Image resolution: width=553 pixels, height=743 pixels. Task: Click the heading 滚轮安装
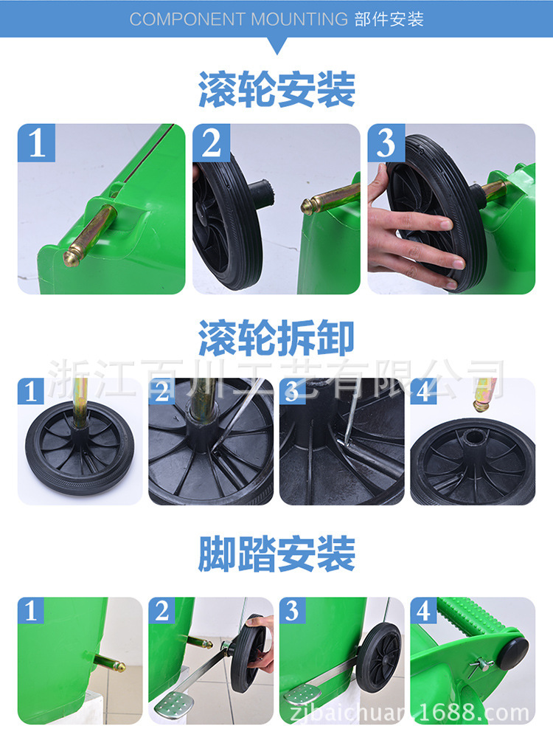(x=277, y=89)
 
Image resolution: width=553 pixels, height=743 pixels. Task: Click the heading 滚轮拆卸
(x=276, y=338)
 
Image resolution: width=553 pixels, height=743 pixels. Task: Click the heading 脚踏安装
(x=277, y=553)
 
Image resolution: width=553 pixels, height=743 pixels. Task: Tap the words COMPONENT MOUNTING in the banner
(x=239, y=19)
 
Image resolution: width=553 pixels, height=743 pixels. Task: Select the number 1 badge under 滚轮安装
(x=36, y=142)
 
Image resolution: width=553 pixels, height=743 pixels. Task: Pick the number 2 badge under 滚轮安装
(x=211, y=142)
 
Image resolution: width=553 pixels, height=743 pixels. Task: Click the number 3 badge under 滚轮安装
(x=386, y=142)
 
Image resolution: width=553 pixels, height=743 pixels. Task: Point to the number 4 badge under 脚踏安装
(x=423, y=610)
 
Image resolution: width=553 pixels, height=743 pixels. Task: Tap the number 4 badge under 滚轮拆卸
(x=423, y=391)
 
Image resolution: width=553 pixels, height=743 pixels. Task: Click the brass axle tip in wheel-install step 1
(x=72, y=257)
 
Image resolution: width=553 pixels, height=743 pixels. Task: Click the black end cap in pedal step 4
(x=514, y=652)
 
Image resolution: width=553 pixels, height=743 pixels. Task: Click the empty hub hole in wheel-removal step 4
(x=473, y=436)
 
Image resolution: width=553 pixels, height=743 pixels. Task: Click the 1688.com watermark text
(x=473, y=713)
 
